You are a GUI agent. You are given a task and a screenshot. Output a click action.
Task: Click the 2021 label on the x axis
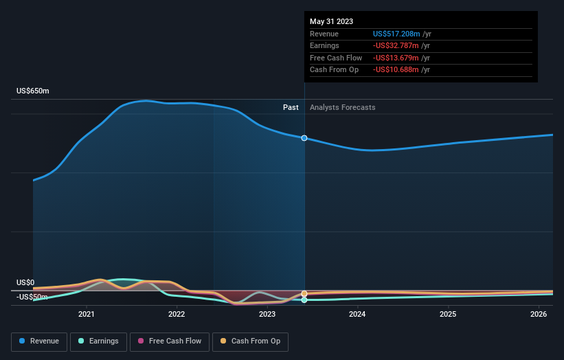[x=87, y=315]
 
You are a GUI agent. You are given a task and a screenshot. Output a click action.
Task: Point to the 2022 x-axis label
[x=177, y=315]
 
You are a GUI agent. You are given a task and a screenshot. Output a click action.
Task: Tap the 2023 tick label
[x=267, y=315]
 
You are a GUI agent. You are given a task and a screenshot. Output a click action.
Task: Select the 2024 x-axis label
[x=357, y=315]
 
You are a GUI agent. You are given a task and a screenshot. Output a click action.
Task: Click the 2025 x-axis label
[x=448, y=315]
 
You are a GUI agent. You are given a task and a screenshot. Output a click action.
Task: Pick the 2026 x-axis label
[x=539, y=315]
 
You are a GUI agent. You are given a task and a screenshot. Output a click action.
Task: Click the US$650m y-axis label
[x=33, y=91]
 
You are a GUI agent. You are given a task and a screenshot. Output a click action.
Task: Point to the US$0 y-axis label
[x=25, y=282]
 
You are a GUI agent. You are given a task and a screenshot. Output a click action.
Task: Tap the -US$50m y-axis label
[x=32, y=297]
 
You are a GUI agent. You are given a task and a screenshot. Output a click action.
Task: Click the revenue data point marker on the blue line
[x=304, y=138]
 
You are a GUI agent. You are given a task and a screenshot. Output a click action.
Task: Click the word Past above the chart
[x=291, y=107]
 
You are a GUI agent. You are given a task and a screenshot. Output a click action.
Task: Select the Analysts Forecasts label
[x=343, y=107]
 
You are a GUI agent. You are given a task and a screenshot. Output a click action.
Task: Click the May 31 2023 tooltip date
[x=331, y=21]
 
